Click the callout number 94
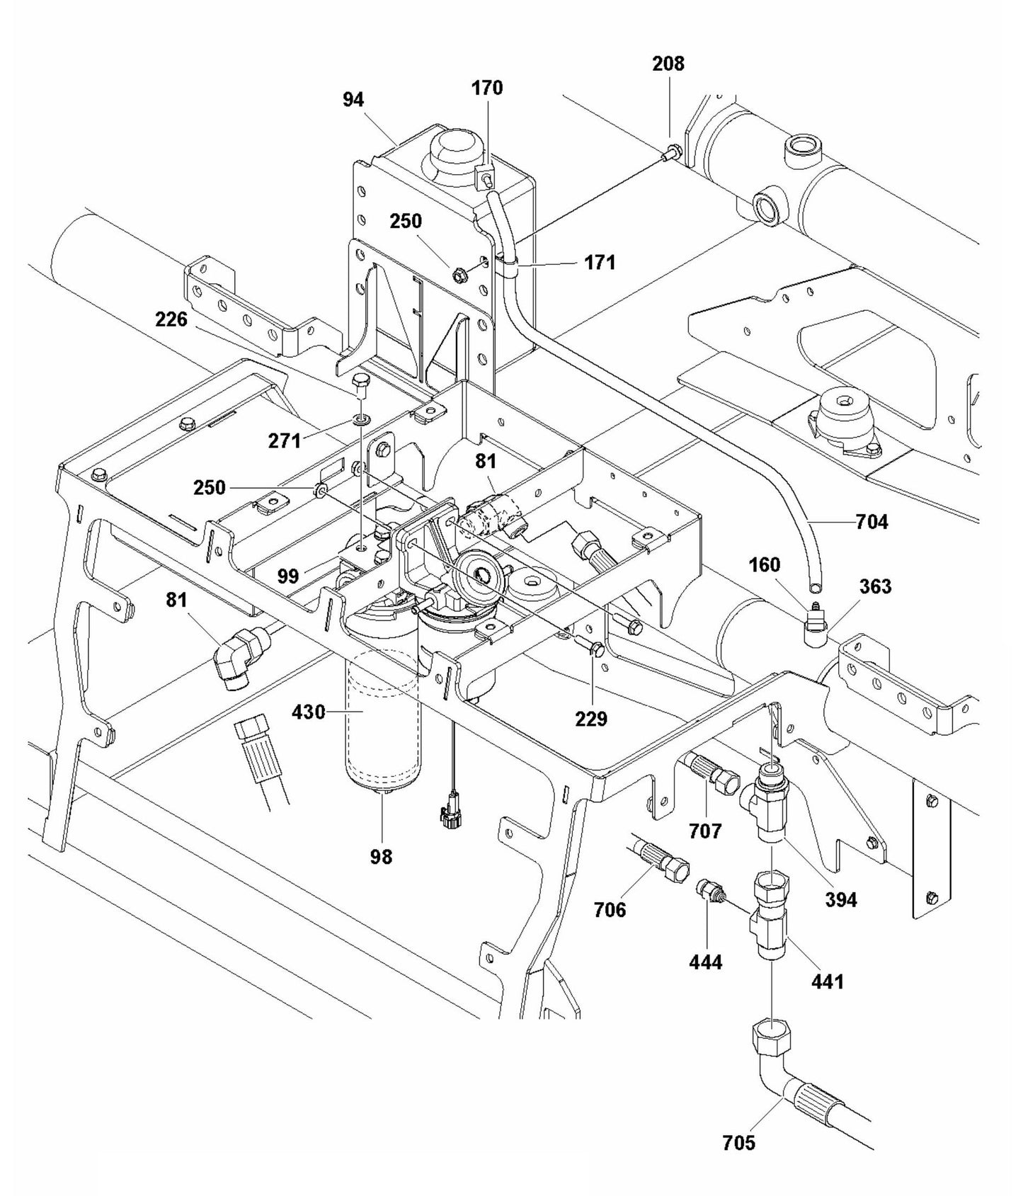point(353,100)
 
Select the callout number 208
point(668,64)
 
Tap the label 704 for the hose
point(871,522)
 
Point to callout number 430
point(308,712)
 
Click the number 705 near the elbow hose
point(738,1142)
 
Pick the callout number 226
point(171,319)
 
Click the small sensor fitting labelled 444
point(707,889)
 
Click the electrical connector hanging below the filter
point(450,816)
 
